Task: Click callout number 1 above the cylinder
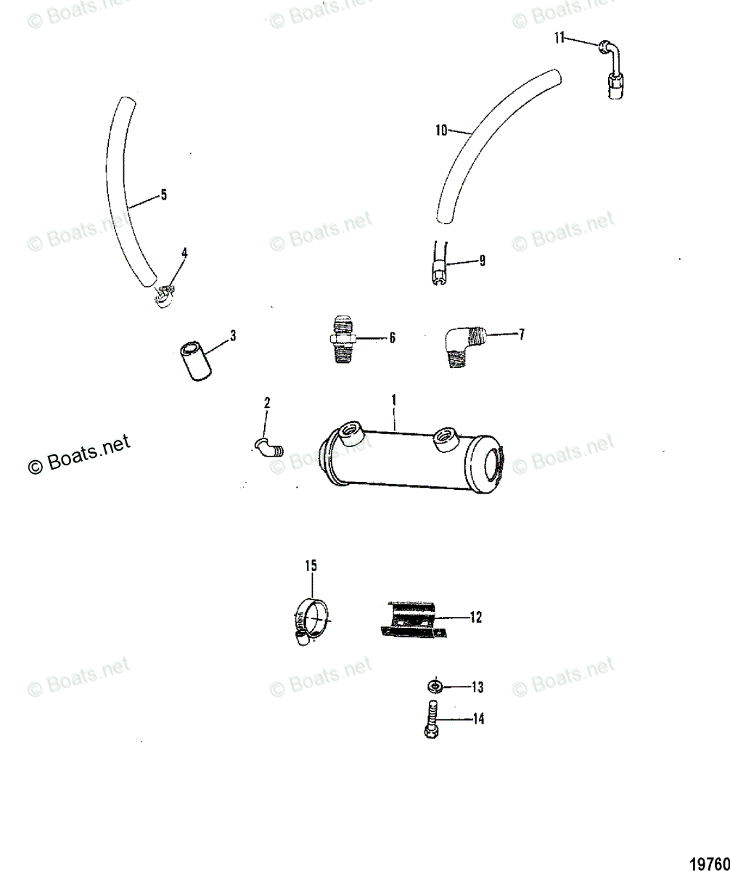tap(394, 400)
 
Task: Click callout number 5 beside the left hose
tap(163, 195)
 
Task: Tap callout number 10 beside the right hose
tap(441, 131)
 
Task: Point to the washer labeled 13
tap(435, 687)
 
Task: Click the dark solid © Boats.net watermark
tap(78, 454)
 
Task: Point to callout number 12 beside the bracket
tap(475, 618)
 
